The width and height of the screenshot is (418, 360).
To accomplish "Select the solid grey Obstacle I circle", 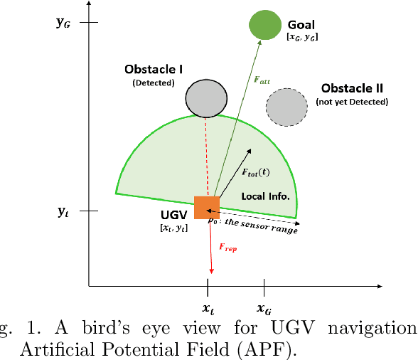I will (206, 97).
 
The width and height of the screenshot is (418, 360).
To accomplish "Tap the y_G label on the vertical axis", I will (64, 21).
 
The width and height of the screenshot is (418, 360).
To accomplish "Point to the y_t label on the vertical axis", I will (64, 211).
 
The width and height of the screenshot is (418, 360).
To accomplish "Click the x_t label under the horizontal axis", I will (207, 311).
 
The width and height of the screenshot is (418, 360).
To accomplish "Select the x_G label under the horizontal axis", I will (264, 311).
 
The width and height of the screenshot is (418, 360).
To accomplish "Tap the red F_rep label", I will (228, 247).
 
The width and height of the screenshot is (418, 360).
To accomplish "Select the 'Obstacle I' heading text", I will (154, 70).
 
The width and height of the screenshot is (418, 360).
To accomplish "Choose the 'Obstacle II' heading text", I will (352, 89).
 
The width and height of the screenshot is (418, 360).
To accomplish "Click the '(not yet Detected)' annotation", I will (352, 102).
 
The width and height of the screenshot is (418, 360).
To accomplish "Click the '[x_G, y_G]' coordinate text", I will (303, 36).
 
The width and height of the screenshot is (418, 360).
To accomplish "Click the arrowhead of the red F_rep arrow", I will (212, 270).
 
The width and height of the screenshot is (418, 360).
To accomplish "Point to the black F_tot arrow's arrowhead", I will (249, 152).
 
